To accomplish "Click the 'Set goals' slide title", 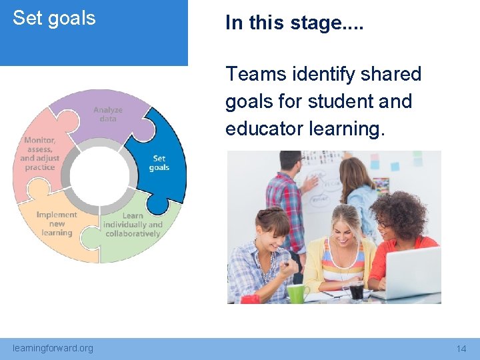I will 54,18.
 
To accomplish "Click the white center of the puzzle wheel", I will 99,175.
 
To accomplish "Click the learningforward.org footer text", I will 53,348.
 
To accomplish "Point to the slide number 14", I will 461,349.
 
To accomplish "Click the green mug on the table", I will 297,293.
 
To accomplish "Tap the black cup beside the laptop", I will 357,291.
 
